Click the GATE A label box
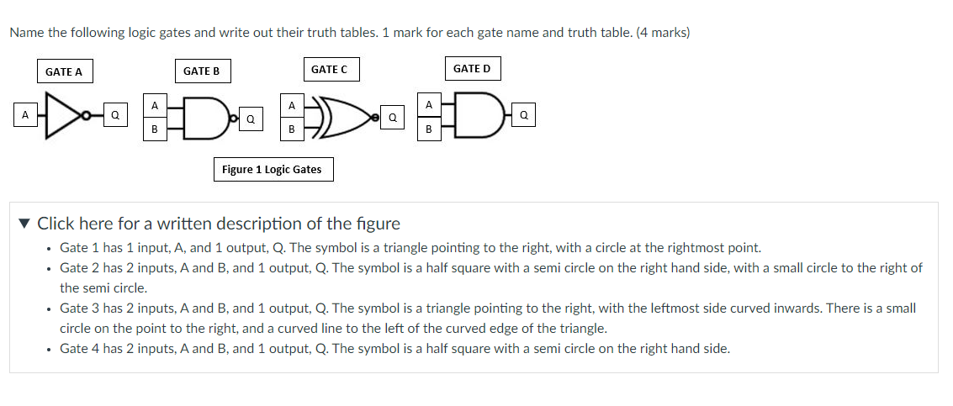[x=64, y=71]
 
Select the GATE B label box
[x=201, y=71]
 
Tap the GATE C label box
[x=329, y=69]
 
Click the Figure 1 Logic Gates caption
[x=272, y=170]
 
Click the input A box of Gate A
[x=25, y=113]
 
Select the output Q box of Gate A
[x=115, y=113]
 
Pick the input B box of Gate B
[x=154, y=129]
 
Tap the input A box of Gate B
[x=154, y=105]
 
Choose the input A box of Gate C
[x=291, y=105]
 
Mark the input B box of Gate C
[x=291, y=129]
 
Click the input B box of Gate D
[x=429, y=129]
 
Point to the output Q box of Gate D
[x=524, y=116]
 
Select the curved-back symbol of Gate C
[x=336, y=117]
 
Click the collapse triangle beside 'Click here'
[x=26, y=224]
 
